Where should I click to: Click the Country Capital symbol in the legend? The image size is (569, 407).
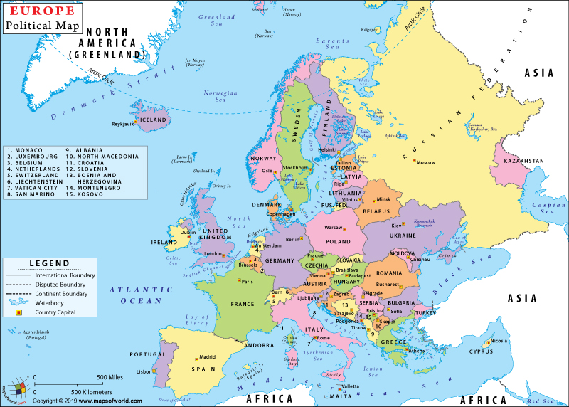[x=19, y=312]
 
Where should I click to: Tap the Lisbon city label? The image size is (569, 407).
[x=144, y=371]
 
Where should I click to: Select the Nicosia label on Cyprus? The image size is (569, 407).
[x=500, y=340]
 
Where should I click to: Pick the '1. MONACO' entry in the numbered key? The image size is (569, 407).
[x=26, y=150]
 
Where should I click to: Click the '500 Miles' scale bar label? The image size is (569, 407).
[x=112, y=376]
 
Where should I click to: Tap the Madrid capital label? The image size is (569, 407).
[x=207, y=357]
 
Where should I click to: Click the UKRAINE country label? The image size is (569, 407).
[x=403, y=235]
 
